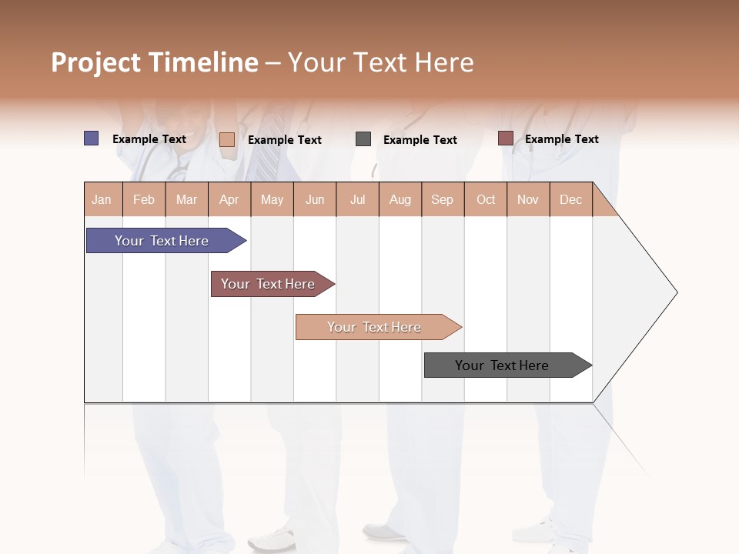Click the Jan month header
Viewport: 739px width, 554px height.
(102, 199)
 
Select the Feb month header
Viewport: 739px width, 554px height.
(144, 199)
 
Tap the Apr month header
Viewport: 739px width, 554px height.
(229, 199)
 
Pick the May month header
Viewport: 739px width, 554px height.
(272, 199)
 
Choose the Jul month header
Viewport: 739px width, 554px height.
(358, 199)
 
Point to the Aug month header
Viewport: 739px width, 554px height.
(400, 199)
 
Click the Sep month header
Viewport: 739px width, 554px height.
(443, 199)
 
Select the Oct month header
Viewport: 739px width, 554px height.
(486, 199)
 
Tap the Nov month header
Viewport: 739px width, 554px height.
(528, 199)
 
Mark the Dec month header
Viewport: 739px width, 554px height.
(571, 199)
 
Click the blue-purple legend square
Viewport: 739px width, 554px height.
(91, 138)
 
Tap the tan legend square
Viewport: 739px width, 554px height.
(227, 139)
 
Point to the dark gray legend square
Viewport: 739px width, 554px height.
(363, 139)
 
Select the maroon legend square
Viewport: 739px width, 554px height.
(505, 138)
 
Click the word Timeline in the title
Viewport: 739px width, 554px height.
(203, 62)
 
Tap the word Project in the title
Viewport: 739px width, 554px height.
(96, 62)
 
